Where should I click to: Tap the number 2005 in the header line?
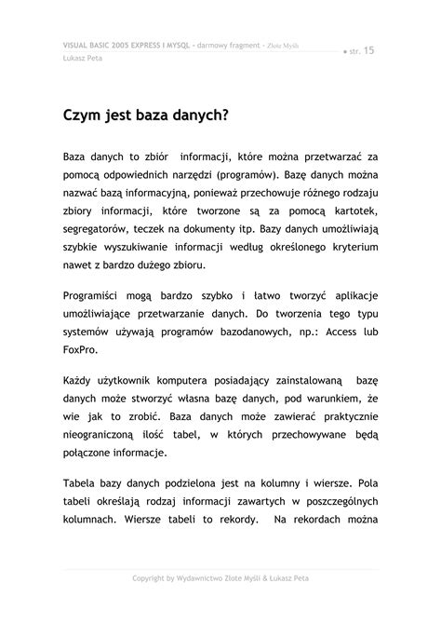coord(115,46)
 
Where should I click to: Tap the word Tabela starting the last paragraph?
coord(83,482)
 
